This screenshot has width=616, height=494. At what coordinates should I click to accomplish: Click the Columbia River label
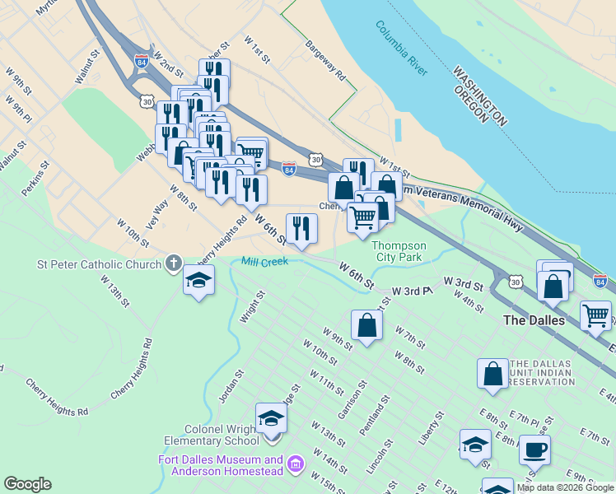point(401,49)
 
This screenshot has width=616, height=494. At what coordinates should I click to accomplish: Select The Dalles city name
point(534,320)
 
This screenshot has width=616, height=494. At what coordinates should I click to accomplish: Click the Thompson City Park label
point(399,251)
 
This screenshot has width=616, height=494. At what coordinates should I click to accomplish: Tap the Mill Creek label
point(264,262)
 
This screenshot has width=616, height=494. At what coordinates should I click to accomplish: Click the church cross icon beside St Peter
point(173,263)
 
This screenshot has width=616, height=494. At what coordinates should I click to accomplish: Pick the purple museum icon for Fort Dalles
point(296,466)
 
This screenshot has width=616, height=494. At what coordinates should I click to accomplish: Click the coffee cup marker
point(534,450)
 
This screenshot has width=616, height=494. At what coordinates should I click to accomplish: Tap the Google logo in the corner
point(27,484)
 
